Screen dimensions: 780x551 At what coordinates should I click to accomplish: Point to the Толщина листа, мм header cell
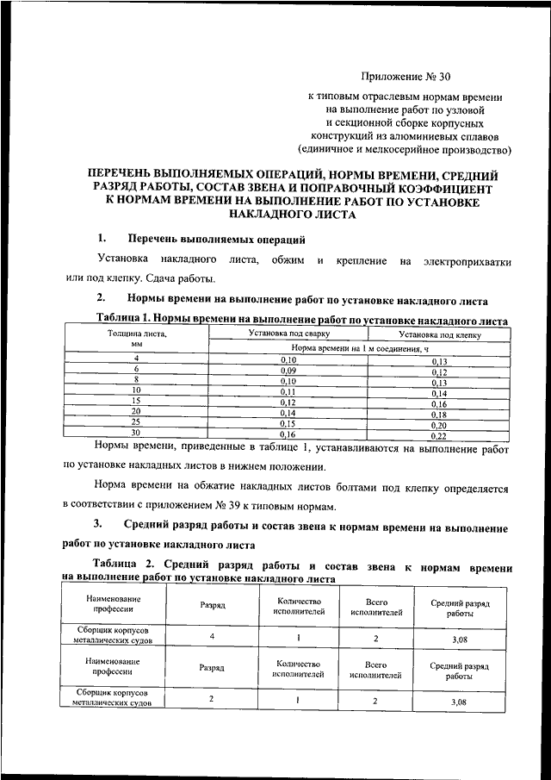(137, 337)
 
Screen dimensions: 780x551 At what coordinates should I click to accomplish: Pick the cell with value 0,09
(288, 369)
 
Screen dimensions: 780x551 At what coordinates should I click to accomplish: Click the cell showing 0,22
(439, 436)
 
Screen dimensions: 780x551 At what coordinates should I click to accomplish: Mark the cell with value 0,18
(439, 414)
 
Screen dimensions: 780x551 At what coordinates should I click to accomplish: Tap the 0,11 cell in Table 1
(288, 391)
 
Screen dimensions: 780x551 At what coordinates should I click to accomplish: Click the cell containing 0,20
(439, 425)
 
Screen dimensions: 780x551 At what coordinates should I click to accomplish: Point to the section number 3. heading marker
(100, 525)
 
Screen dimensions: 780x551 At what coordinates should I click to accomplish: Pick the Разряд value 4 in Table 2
(211, 636)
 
